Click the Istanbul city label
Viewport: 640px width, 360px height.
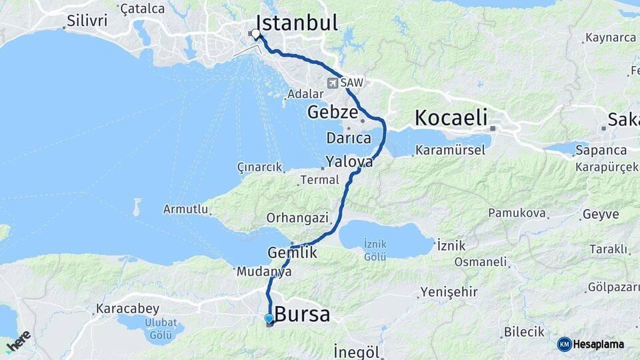(x=297, y=23)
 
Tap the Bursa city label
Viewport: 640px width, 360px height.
(x=302, y=314)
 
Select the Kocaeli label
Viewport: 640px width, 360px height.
(x=450, y=117)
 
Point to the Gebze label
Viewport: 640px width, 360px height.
(x=333, y=112)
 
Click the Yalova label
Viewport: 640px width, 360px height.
(x=349, y=161)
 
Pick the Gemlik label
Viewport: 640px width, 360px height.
(x=292, y=253)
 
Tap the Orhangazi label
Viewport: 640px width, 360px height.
(x=297, y=217)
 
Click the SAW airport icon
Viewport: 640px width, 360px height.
(x=333, y=83)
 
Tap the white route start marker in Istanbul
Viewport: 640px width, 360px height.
(x=255, y=33)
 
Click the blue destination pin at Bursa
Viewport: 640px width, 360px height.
(x=269, y=319)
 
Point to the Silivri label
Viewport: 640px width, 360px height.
(x=87, y=21)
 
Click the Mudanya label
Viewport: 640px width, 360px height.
(x=264, y=271)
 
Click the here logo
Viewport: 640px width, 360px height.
(x=18, y=341)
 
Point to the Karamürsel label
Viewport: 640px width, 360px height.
(x=450, y=150)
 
